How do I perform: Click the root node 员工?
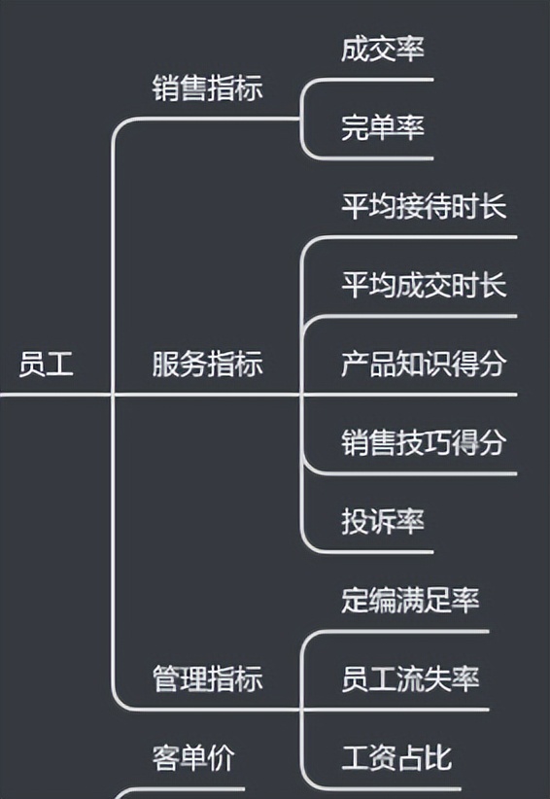click(x=46, y=365)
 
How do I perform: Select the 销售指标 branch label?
click(x=207, y=88)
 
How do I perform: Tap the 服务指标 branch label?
click(x=207, y=365)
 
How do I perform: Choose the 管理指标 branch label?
click(x=207, y=678)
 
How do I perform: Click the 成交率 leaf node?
click(x=382, y=49)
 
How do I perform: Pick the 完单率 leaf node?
click(x=382, y=127)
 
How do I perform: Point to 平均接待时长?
click(x=424, y=207)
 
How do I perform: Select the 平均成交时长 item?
click(x=424, y=286)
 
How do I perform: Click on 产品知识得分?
click(x=424, y=365)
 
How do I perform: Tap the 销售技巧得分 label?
click(x=424, y=443)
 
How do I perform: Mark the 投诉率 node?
click(x=382, y=522)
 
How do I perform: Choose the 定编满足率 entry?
click(x=409, y=600)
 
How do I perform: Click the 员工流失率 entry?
click(x=409, y=678)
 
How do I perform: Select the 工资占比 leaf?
click(x=395, y=756)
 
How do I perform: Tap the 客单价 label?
click(x=193, y=756)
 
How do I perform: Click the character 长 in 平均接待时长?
click(x=493, y=207)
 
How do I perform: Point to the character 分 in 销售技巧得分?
click(x=493, y=443)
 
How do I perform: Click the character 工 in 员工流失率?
click(x=383, y=678)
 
